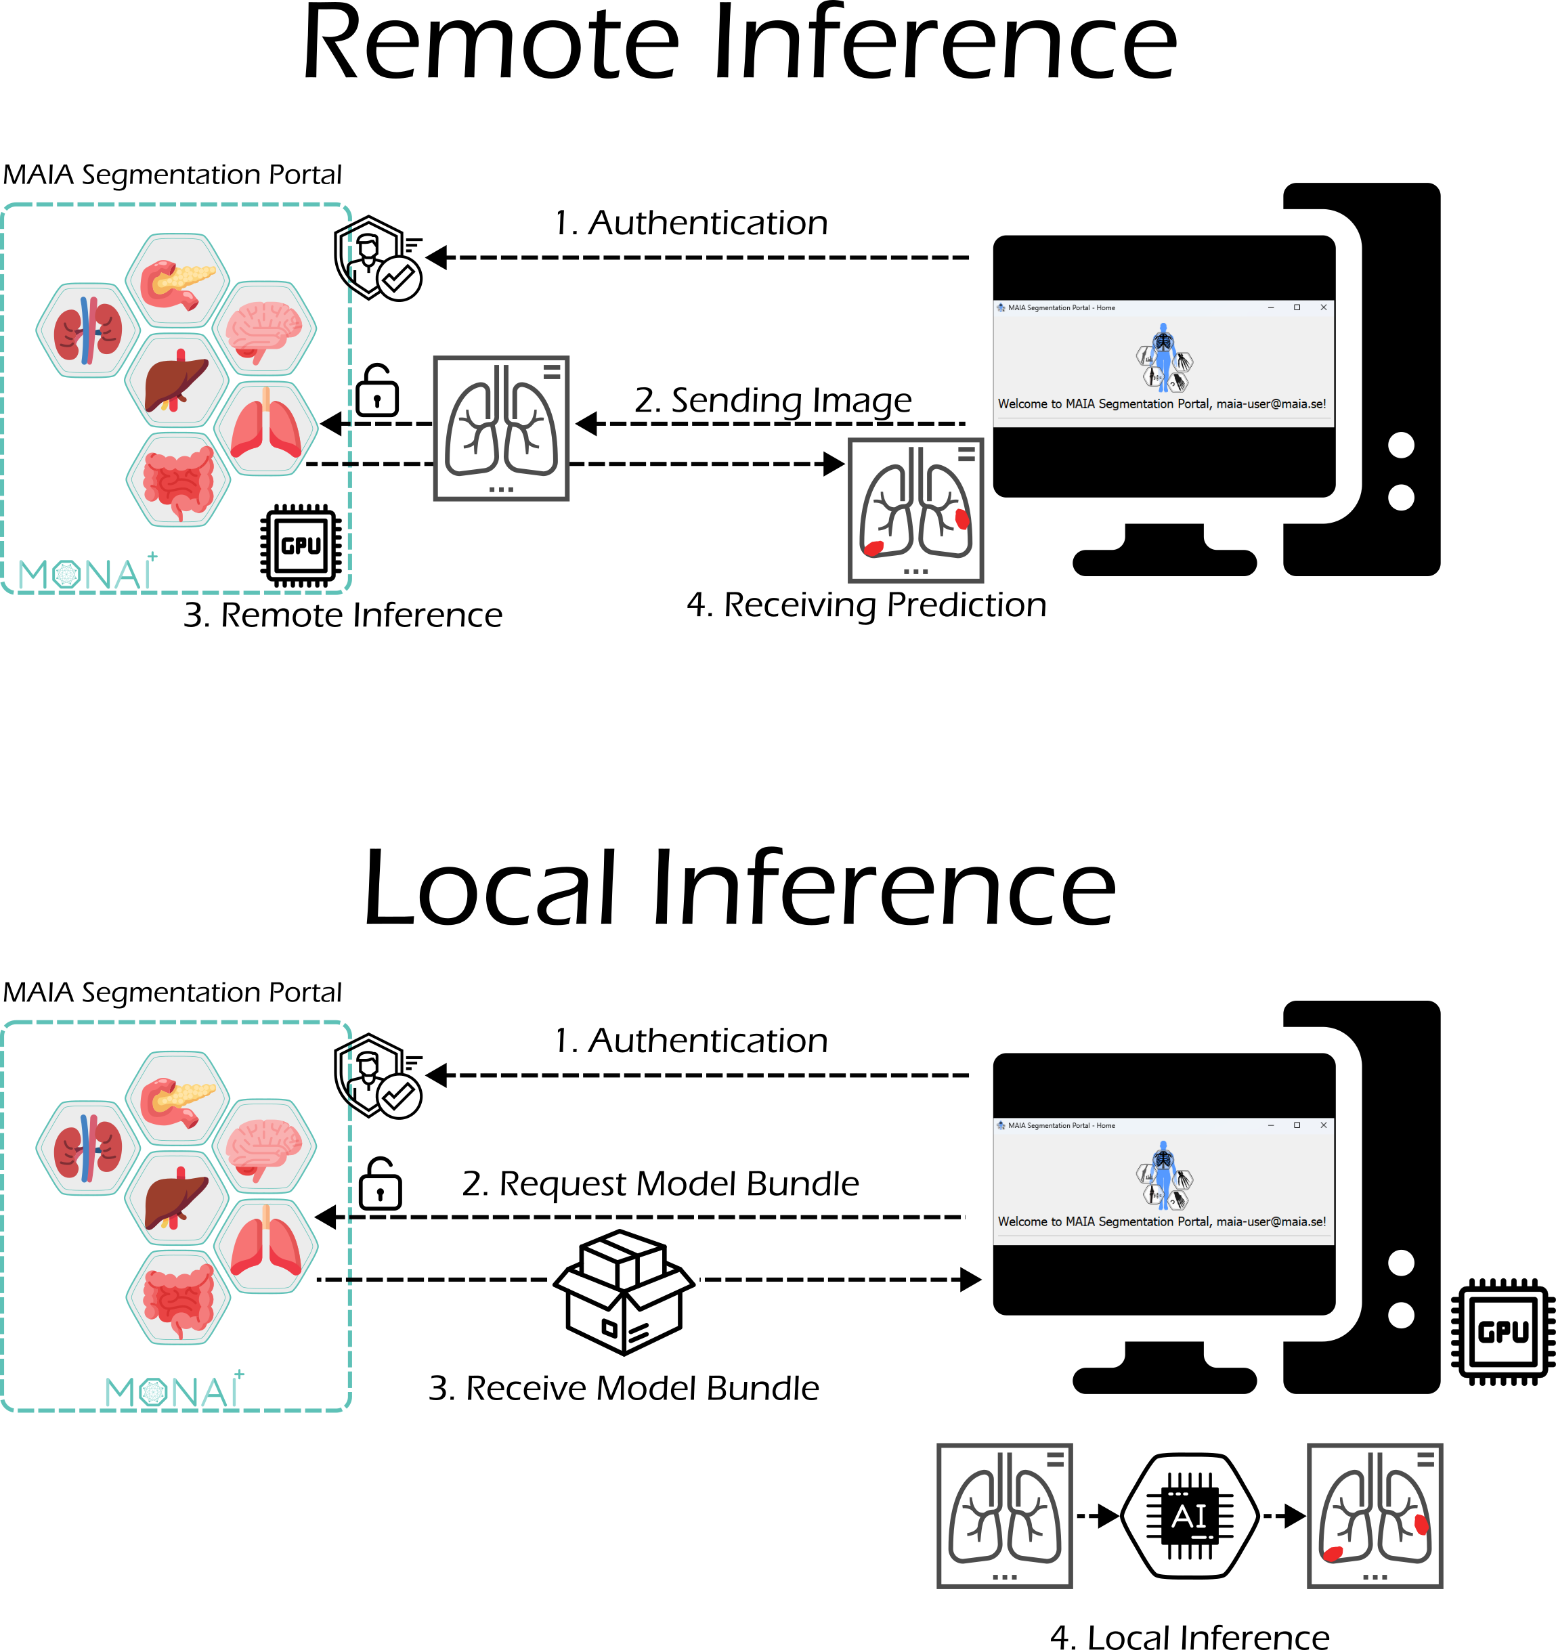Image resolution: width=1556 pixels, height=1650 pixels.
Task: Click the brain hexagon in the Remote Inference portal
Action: point(264,328)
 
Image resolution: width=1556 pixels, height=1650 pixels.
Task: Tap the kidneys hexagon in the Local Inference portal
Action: point(87,1148)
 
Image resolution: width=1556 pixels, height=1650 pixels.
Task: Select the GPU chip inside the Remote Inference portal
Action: point(301,545)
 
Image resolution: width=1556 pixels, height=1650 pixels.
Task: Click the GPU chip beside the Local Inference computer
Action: point(1502,1331)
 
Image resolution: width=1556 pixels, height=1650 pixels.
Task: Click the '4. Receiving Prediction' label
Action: point(865,605)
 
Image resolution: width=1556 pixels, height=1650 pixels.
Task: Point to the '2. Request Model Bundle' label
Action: point(660,1184)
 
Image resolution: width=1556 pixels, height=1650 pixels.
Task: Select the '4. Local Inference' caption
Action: point(1189,1636)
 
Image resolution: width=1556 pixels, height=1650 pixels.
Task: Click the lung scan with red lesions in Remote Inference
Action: point(915,511)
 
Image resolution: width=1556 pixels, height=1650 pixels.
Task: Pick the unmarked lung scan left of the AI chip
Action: point(1004,1515)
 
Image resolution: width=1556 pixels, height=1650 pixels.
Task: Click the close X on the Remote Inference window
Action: point(1324,308)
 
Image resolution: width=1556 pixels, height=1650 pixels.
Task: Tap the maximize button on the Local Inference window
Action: point(1297,1125)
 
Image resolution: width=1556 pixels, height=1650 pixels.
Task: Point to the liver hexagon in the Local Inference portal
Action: point(177,1197)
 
